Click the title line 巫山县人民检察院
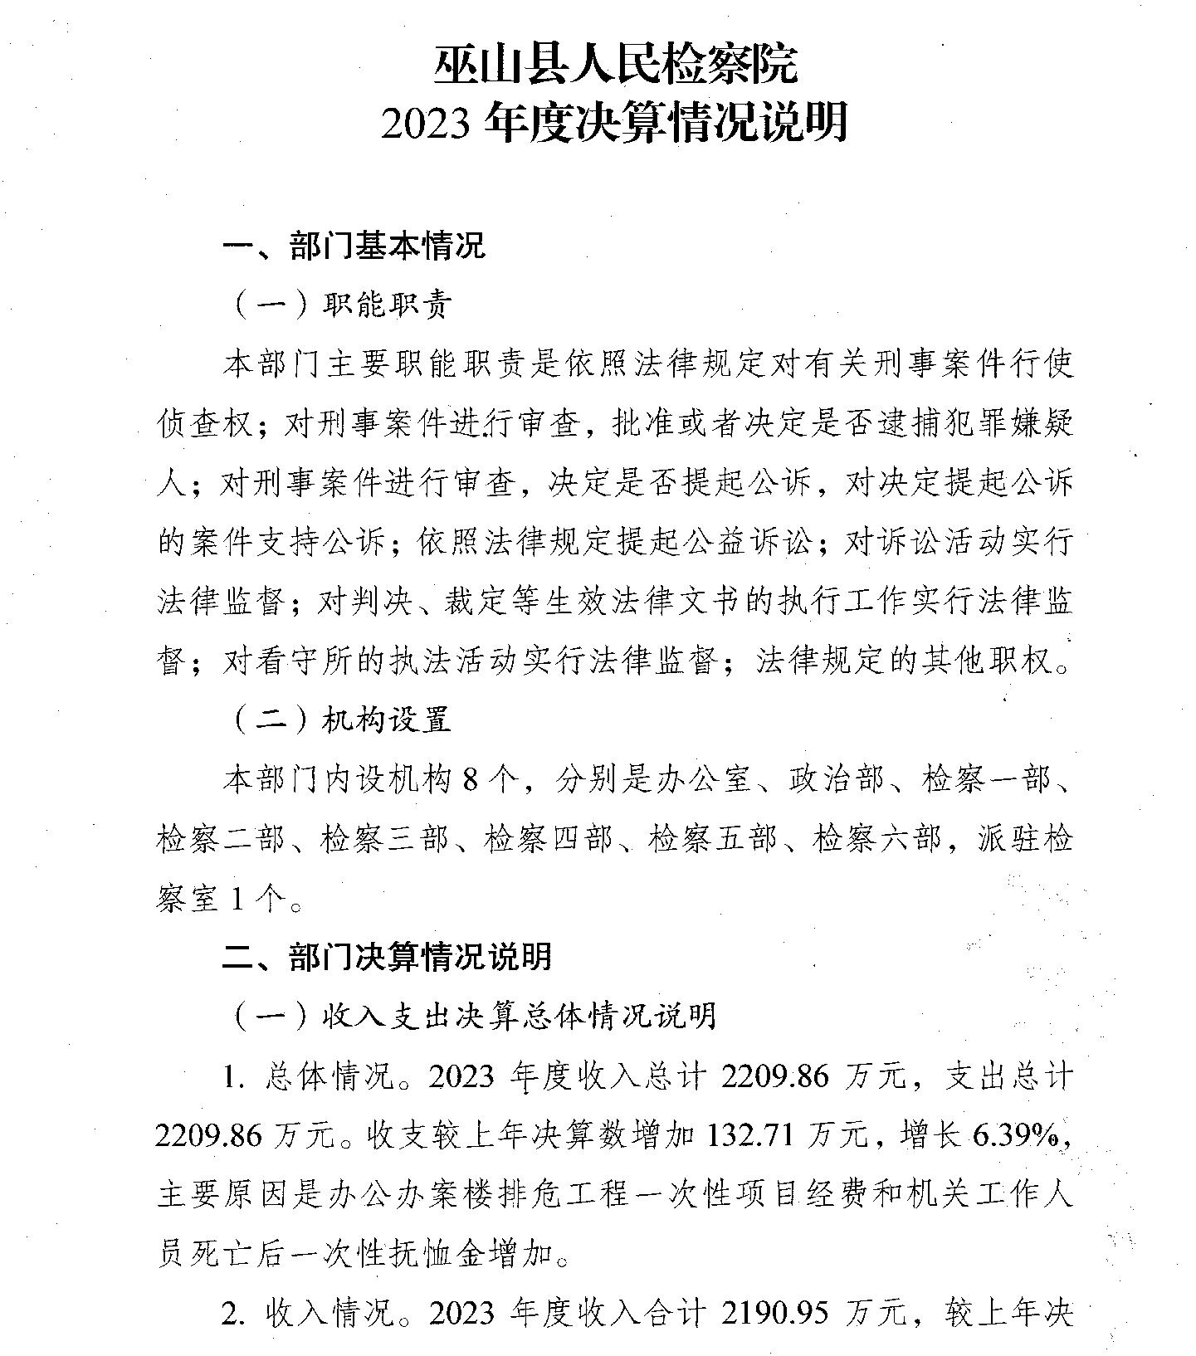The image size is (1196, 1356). tap(615, 65)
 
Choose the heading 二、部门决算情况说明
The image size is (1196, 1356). tap(387, 956)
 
